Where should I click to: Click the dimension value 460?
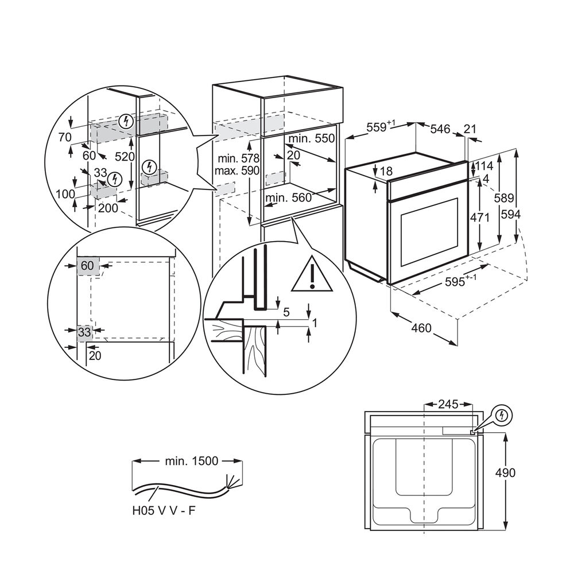click(421, 329)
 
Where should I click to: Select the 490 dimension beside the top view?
click(506, 472)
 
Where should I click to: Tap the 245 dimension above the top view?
click(447, 404)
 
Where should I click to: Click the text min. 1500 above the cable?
click(184, 461)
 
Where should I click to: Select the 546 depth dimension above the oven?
click(440, 129)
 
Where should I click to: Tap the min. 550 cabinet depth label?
click(312, 138)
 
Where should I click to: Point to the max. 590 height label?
click(236, 171)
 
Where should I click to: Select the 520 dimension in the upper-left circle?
click(124, 157)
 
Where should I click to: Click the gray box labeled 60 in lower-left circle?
click(87, 266)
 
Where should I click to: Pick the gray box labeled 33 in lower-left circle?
click(85, 331)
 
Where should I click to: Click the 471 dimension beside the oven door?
click(480, 218)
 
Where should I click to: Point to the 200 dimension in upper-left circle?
click(108, 208)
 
